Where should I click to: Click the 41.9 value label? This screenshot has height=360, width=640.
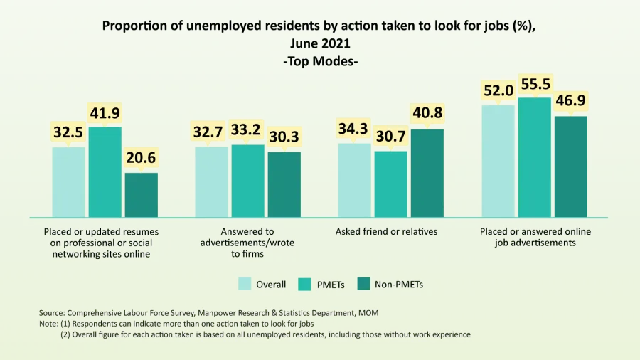[105, 112]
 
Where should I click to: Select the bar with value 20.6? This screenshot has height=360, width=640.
[141, 194]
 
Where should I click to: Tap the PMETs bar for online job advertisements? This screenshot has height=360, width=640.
[534, 157]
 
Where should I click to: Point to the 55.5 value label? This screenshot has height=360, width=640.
[534, 84]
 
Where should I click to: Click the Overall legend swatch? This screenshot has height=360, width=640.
[245, 285]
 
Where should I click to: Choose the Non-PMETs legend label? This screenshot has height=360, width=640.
[400, 285]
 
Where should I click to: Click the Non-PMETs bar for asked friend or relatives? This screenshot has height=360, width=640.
[427, 173]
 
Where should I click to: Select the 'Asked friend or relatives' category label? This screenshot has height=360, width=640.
[385, 232]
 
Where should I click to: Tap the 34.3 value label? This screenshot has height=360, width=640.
[354, 129]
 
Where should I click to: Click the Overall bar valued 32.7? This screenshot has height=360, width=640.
[212, 181]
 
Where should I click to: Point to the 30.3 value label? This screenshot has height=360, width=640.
[284, 137]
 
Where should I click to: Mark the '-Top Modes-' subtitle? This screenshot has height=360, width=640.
[320, 62]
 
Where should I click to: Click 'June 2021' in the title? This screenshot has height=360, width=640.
[320, 44]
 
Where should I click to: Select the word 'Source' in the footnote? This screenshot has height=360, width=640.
[52, 313]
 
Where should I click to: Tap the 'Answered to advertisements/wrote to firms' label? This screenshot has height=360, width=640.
[247, 243]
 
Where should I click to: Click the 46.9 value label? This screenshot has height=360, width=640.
[571, 101]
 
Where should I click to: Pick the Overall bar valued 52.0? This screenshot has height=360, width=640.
[498, 161]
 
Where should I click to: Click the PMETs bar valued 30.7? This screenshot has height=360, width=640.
[390, 184]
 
